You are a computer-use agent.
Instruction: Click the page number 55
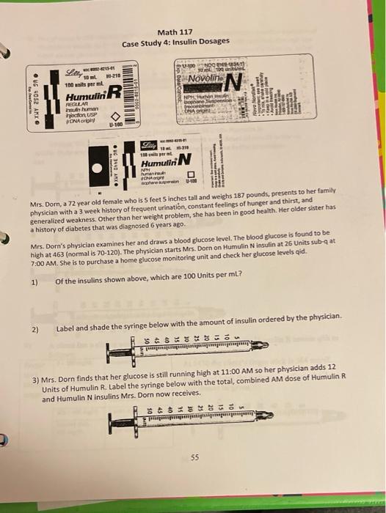point(194,456)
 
